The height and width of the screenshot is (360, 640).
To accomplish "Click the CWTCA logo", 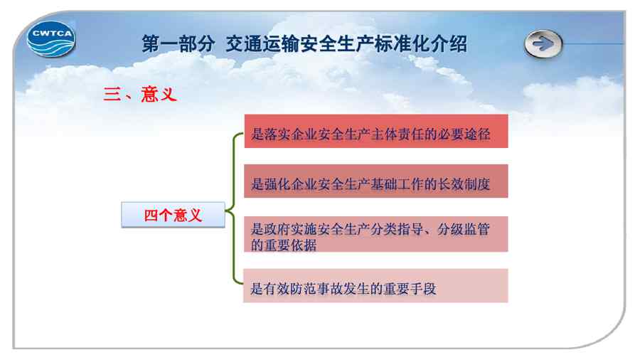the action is pos(51,39).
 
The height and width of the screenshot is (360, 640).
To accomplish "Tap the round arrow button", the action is pos(543,43).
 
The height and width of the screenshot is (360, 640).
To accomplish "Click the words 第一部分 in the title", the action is pos(178,44).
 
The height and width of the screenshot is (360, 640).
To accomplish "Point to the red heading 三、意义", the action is pos(140,95).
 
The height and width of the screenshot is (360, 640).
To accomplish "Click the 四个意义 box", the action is pos(173,215).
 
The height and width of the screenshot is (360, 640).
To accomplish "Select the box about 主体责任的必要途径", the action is pos(376,131).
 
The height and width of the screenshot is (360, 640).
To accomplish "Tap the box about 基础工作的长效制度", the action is pos(376,181).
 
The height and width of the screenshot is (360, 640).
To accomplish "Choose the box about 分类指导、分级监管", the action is pos(376,234).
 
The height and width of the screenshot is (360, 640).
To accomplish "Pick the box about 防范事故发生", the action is pos(375,286).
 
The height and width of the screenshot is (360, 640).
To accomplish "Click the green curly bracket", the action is pos(233,208).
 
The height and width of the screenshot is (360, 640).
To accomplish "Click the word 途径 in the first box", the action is pos(477,134).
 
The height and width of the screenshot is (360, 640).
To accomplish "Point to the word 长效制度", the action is pos(464,184).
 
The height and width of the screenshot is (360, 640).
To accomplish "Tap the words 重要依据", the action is pos(290,245).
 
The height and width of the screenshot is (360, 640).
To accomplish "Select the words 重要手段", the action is pos(410,289).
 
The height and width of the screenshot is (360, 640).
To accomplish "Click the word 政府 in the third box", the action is pos(277,229).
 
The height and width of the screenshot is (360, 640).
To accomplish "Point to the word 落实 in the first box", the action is pos(277,134).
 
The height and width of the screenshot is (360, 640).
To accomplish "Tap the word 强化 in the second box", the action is pos(277,184).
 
